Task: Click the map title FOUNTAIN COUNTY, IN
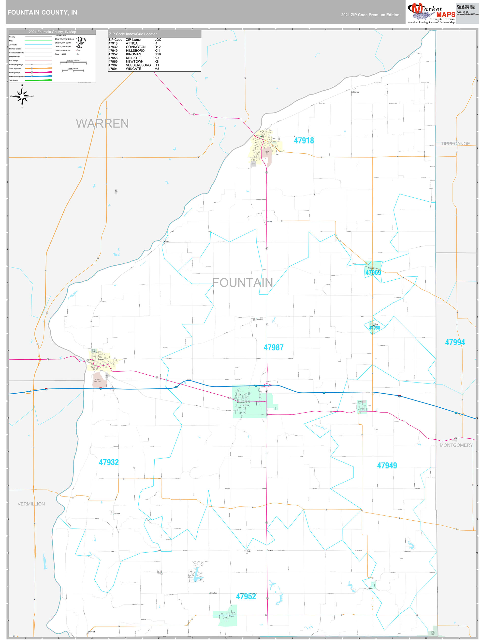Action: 42,13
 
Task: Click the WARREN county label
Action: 102,124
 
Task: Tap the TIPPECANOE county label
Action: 455,144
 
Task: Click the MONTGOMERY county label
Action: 456,445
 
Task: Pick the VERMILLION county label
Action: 31,504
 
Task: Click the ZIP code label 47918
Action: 304,141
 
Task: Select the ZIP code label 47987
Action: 273,348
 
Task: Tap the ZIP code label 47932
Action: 109,462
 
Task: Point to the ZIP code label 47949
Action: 387,465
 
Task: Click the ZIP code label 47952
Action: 246,596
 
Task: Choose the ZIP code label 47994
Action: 455,342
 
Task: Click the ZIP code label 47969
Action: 373,272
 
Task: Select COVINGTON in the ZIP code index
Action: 135,47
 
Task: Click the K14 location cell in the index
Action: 157,51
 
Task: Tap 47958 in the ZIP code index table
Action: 113,58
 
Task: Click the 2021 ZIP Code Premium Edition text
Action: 370,15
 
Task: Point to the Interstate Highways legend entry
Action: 17,76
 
